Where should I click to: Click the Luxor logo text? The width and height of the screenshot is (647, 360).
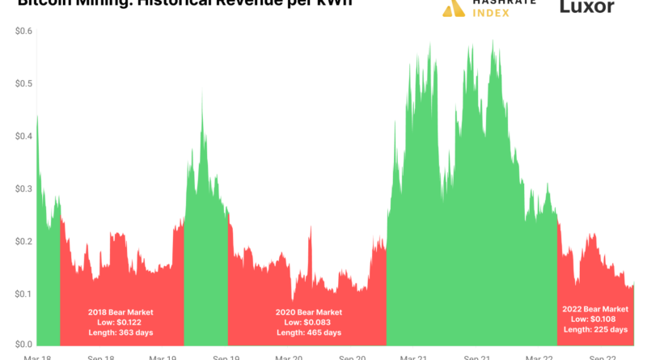point(587,8)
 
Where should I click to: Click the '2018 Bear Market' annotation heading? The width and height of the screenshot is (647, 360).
point(121,311)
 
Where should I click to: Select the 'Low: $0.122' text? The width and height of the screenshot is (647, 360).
point(121,322)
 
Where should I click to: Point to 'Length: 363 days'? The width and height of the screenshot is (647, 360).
point(121,332)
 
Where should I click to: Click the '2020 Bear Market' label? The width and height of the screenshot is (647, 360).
point(308,311)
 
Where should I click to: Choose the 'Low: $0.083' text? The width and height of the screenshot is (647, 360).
point(308,322)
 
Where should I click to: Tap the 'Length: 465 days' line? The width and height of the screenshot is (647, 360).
point(308,332)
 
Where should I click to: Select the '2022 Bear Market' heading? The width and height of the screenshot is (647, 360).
point(595,309)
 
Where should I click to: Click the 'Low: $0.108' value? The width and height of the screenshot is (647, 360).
point(595,319)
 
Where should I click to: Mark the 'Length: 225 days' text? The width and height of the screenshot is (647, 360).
point(595,329)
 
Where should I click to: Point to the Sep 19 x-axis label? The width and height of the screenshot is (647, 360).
point(226,356)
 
